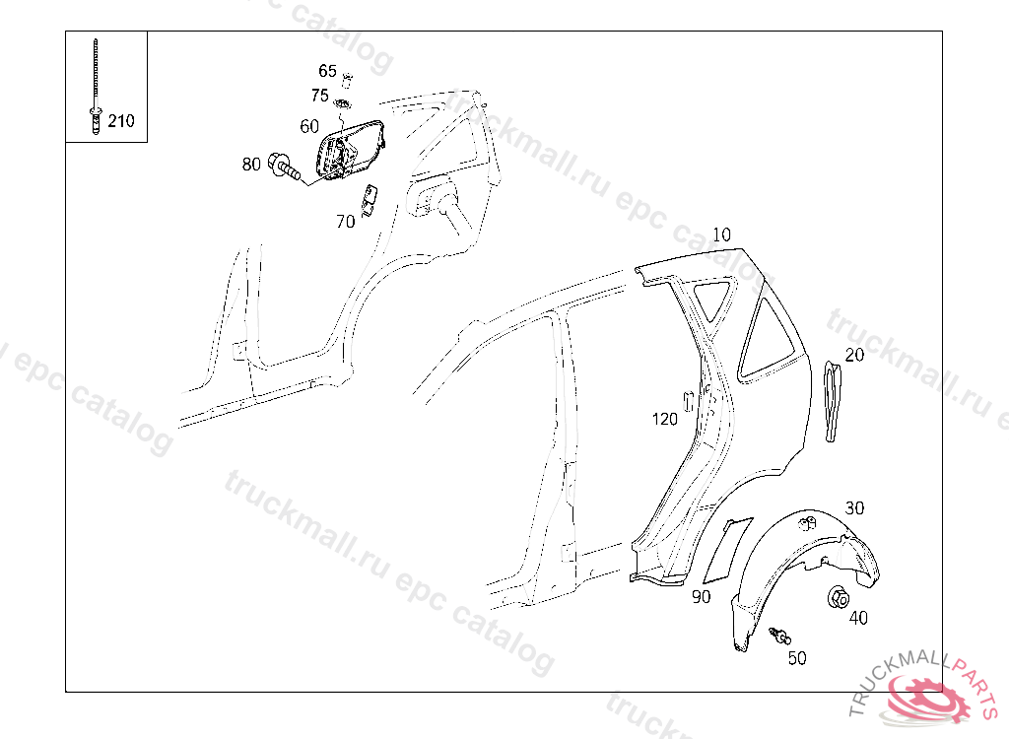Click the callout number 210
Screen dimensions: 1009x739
(x=121, y=120)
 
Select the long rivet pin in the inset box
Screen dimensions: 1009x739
(x=96, y=87)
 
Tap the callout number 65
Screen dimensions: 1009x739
(x=327, y=71)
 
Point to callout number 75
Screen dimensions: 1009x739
(x=320, y=96)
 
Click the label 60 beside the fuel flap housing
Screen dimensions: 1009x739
(x=309, y=126)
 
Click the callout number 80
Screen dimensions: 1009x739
(x=251, y=165)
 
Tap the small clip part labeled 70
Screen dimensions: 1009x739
(x=369, y=200)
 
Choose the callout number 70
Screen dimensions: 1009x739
(x=346, y=222)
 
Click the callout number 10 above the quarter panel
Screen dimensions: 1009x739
(x=722, y=235)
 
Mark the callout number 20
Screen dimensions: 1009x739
(x=854, y=355)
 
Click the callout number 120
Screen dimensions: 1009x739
(x=665, y=419)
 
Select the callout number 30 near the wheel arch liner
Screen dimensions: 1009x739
(x=854, y=507)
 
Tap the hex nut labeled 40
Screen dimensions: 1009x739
(x=838, y=598)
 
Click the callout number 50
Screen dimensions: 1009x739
(x=797, y=658)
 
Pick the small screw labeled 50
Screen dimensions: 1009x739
(x=780, y=636)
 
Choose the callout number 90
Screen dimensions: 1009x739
(x=702, y=597)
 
